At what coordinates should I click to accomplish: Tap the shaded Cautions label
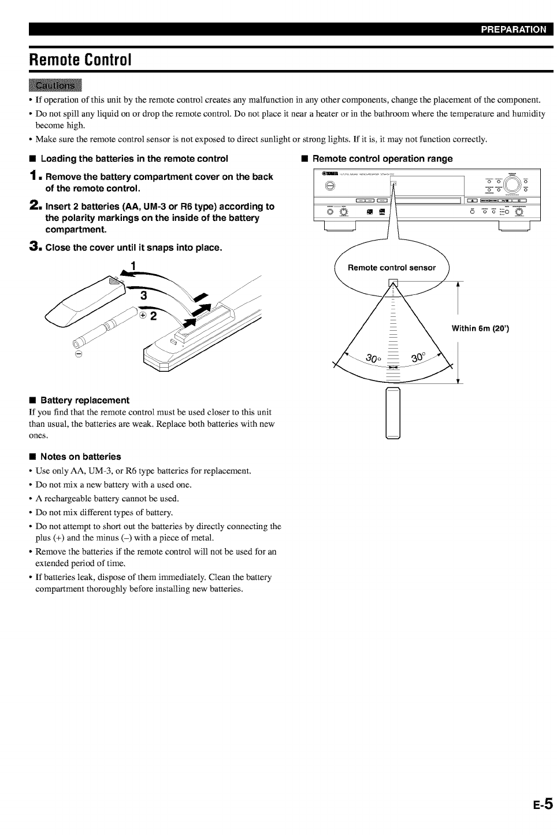(55, 86)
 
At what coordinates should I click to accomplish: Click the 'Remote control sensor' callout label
(392, 268)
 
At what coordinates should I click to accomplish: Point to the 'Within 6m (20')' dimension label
(480, 329)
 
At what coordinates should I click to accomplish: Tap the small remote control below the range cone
(393, 413)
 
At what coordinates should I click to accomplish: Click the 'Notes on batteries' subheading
(81, 456)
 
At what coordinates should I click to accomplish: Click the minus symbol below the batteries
(79, 353)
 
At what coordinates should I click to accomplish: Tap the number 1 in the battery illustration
(133, 266)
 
